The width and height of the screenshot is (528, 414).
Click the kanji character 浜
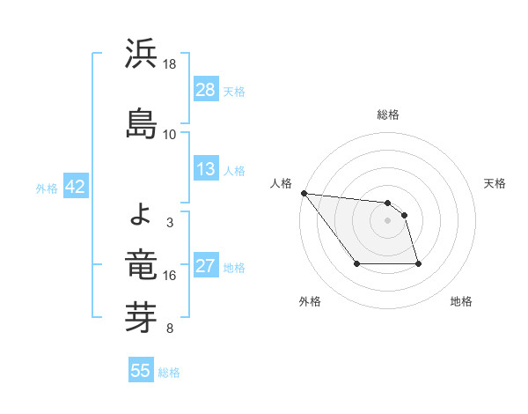pyautogui.click(x=142, y=55)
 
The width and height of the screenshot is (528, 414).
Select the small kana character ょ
pyautogui.click(x=142, y=212)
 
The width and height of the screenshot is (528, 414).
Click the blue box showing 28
pyautogui.click(x=206, y=90)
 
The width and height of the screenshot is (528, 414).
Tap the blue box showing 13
pyautogui.click(x=206, y=170)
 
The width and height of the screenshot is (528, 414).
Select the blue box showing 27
pyautogui.click(x=206, y=267)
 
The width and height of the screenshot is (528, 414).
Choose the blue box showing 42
pyautogui.click(x=74, y=188)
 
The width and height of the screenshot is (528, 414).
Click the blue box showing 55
pyautogui.click(x=141, y=371)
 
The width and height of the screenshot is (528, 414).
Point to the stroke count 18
pyautogui.click(x=170, y=64)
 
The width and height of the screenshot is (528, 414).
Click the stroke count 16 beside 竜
pyautogui.click(x=170, y=276)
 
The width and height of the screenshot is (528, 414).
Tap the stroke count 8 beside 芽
pyautogui.click(x=170, y=329)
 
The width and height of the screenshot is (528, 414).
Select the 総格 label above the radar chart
pyautogui.click(x=388, y=115)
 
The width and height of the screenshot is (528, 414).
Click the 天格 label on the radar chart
pyautogui.click(x=495, y=183)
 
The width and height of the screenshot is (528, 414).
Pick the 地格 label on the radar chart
pyautogui.click(x=461, y=301)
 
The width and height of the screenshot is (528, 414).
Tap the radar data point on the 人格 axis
pyautogui.click(x=304, y=193)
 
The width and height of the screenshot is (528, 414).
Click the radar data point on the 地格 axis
pyautogui.click(x=418, y=263)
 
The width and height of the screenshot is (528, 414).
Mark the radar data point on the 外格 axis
pyautogui.click(x=356, y=263)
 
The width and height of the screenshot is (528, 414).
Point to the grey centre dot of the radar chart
pyautogui.click(x=388, y=220)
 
